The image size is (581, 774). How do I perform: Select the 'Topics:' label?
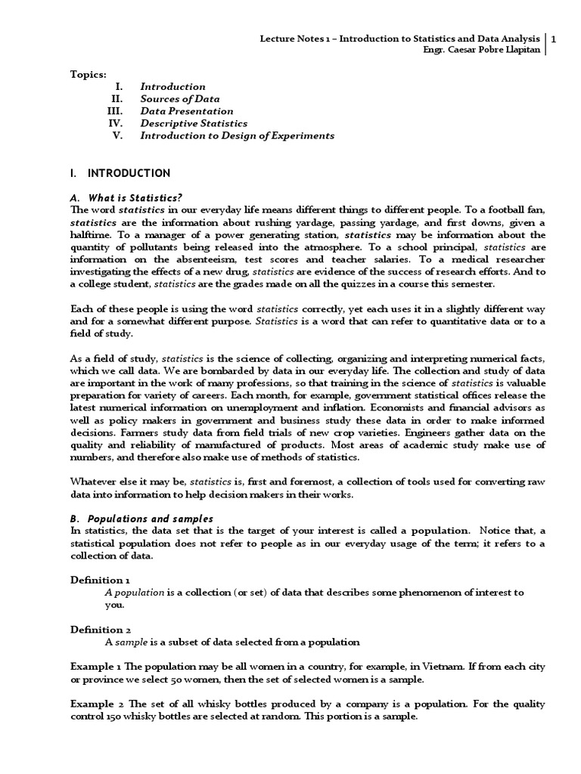[x=89, y=74]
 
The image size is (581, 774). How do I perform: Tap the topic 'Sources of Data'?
[x=180, y=99]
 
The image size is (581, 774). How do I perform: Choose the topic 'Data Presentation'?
[x=187, y=111]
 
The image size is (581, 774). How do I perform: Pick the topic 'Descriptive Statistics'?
[x=194, y=123]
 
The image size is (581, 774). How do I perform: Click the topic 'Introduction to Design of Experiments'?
[x=237, y=135]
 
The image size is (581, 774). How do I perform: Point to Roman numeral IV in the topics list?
[x=115, y=123]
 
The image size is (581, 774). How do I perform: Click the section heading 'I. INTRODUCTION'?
[x=120, y=173]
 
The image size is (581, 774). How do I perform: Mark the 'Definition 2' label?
[x=101, y=629]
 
